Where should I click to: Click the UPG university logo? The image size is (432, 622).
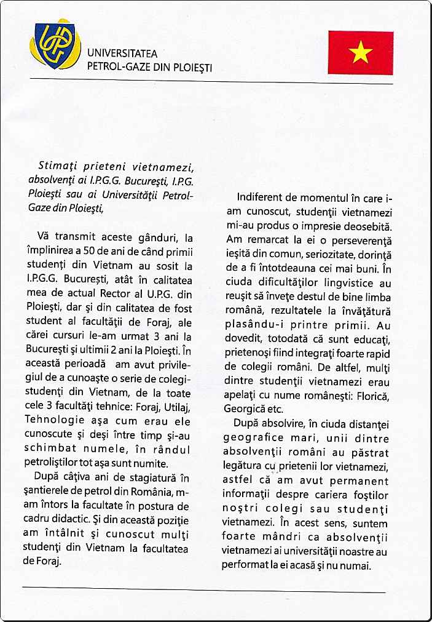[56, 46]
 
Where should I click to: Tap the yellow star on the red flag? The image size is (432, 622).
[360, 53]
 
